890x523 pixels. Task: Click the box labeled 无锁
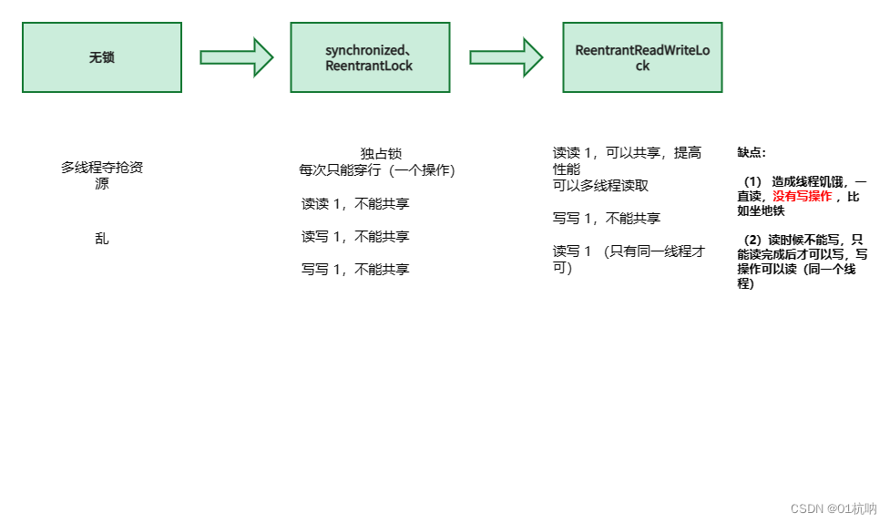102,57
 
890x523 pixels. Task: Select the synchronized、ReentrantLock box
369,57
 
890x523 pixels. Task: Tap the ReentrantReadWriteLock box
642,57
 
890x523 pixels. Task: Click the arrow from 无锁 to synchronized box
236,57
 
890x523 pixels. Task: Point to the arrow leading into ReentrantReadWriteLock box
506,57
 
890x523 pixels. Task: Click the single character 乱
102,239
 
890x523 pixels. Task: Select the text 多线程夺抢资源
102,175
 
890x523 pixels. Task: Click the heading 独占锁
381,154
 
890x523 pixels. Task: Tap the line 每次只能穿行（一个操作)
377,170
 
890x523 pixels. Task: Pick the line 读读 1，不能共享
355,203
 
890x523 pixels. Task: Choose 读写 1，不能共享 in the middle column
355,236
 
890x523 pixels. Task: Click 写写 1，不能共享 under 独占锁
355,269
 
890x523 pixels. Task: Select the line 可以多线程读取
601,186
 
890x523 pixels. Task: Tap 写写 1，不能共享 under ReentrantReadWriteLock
607,219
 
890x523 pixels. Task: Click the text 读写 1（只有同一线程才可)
629,259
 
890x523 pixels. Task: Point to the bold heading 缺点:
752,153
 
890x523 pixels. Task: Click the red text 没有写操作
803,197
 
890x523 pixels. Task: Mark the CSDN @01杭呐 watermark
833,508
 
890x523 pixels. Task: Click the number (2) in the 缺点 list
753,241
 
